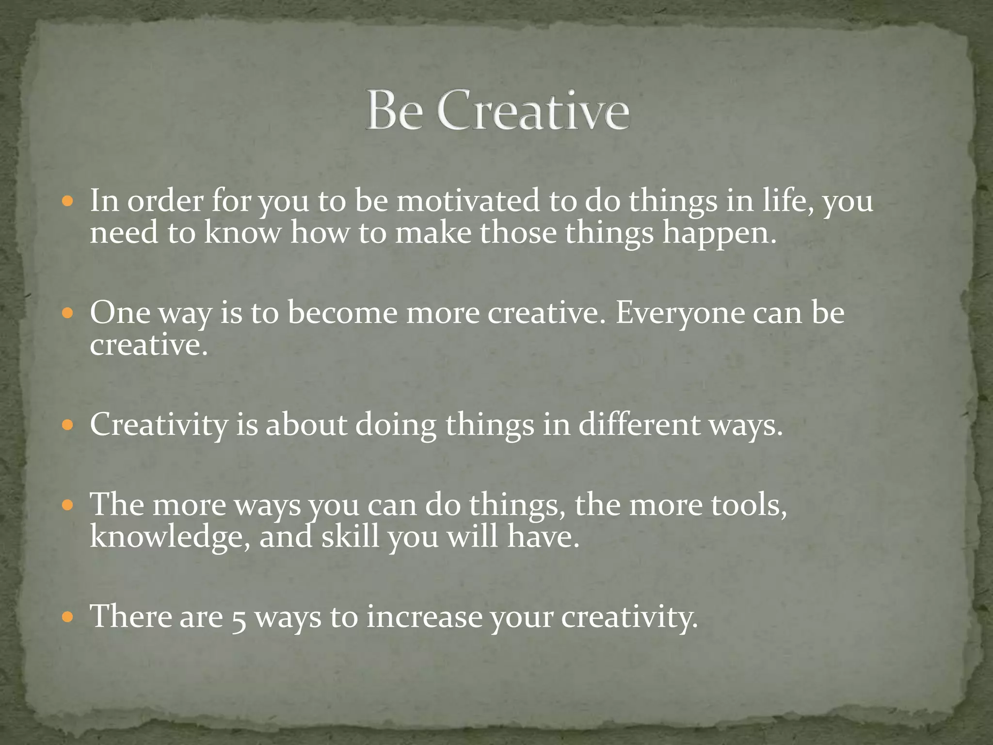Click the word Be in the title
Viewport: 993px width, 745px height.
pyautogui.click(x=394, y=111)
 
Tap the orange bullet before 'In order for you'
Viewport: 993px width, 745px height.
pyautogui.click(x=67, y=200)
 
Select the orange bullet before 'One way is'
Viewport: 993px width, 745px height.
pyautogui.click(x=67, y=313)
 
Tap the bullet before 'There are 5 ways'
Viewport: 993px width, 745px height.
pyautogui.click(x=67, y=617)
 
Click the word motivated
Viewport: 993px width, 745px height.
pyautogui.click(x=468, y=201)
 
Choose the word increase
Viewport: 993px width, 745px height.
pyautogui.click(x=424, y=617)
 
